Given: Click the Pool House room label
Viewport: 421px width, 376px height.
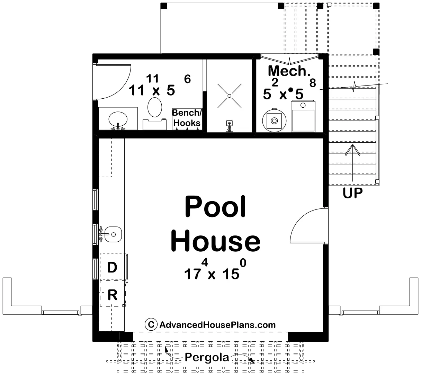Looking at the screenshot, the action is click(x=215, y=223).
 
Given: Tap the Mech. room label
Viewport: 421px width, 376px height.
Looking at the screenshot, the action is click(x=289, y=71).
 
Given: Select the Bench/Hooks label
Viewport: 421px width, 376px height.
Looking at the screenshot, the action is click(x=187, y=118).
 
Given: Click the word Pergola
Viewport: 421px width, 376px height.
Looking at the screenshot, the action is click(x=207, y=357).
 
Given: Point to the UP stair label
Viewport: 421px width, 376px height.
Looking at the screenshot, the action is click(x=353, y=193).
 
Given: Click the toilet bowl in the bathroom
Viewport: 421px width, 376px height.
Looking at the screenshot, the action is click(x=155, y=107).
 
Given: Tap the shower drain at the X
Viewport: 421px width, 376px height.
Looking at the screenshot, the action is click(x=230, y=96).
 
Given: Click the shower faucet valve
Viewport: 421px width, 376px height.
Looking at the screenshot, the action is click(x=229, y=126).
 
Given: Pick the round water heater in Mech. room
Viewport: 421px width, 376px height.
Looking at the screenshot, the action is click(x=274, y=120).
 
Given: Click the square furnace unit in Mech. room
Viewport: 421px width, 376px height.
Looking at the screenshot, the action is click(x=303, y=116).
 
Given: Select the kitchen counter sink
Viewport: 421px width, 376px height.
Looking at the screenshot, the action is click(x=113, y=234).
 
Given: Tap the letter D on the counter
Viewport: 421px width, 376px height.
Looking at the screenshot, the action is click(x=112, y=267).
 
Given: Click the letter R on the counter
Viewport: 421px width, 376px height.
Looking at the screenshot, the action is click(x=113, y=295).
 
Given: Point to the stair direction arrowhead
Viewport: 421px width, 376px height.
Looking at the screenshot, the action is click(x=353, y=150).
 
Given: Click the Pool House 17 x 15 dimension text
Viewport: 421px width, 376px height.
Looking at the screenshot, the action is click(x=215, y=269).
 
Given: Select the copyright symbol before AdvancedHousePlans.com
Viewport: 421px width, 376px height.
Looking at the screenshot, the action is click(x=151, y=324).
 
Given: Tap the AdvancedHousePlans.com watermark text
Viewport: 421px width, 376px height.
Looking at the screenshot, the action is click(x=217, y=325).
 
